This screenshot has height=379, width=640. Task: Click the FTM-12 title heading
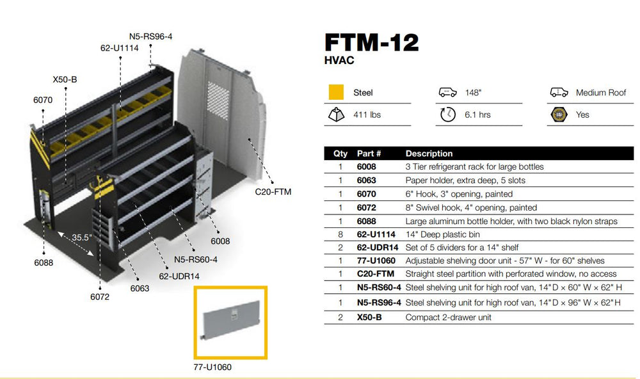pyautogui.click(x=371, y=42)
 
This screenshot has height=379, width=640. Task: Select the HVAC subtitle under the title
pyautogui.click(x=339, y=61)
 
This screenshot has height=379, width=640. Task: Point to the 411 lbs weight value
pyautogui.click(x=367, y=115)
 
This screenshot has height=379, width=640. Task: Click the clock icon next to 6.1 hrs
pyautogui.click(x=447, y=115)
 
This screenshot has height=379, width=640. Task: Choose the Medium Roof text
pyautogui.click(x=600, y=93)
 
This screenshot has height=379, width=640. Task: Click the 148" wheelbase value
pyautogui.click(x=473, y=93)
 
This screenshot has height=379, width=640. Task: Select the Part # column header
pyautogui.click(x=369, y=154)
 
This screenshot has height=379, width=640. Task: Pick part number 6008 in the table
pyautogui.click(x=366, y=167)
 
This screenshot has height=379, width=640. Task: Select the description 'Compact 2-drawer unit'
pyautogui.click(x=448, y=318)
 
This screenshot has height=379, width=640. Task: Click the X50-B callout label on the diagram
pyautogui.click(x=65, y=79)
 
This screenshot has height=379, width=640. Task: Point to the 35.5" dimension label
pyautogui.click(x=82, y=238)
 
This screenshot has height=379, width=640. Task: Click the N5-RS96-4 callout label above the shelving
pyautogui.click(x=150, y=36)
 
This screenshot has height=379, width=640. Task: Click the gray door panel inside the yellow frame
pyautogui.click(x=230, y=323)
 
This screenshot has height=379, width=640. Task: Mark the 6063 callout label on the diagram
pyautogui.click(x=140, y=288)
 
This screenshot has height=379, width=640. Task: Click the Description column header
pyautogui.click(x=429, y=154)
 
